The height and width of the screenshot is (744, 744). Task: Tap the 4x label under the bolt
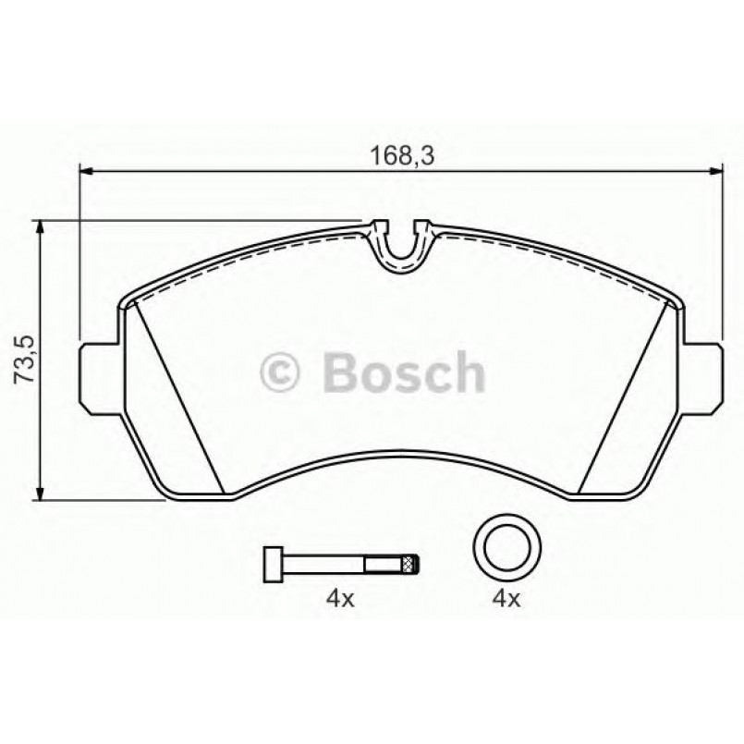tap(339, 599)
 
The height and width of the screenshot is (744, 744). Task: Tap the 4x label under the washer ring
tap(506, 599)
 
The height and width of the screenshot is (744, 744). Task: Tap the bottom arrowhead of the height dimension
tap(39, 493)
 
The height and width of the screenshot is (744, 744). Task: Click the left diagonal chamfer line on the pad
tap(180, 393)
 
